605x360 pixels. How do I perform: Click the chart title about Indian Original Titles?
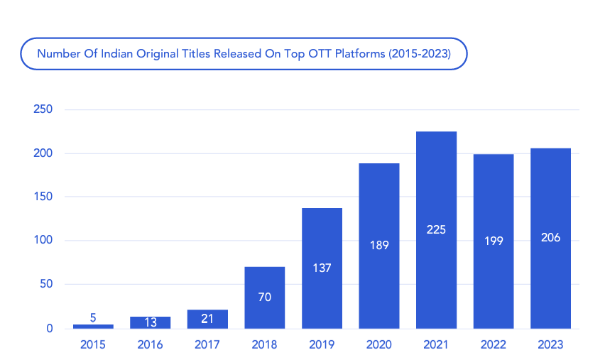coord(244,53)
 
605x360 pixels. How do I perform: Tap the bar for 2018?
coord(264,298)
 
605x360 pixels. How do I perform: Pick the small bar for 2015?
coord(93,326)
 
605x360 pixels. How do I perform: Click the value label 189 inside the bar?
coord(378,245)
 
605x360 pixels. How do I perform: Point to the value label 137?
coord(322,268)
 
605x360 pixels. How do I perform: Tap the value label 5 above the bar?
coord(93,317)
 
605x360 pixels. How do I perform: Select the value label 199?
coord(493,241)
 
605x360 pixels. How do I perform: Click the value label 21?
coord(207,319)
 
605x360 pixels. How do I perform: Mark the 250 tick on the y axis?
coord(43,109)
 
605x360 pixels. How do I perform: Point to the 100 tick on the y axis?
coord(43,241)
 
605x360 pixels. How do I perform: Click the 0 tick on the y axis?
coord(50,329)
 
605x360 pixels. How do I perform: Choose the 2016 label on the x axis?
coord(150,345)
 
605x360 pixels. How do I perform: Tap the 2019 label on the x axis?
coord(322,345)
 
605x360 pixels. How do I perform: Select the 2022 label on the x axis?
coord(493,345)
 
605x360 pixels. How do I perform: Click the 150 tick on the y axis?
coord(43,197)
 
